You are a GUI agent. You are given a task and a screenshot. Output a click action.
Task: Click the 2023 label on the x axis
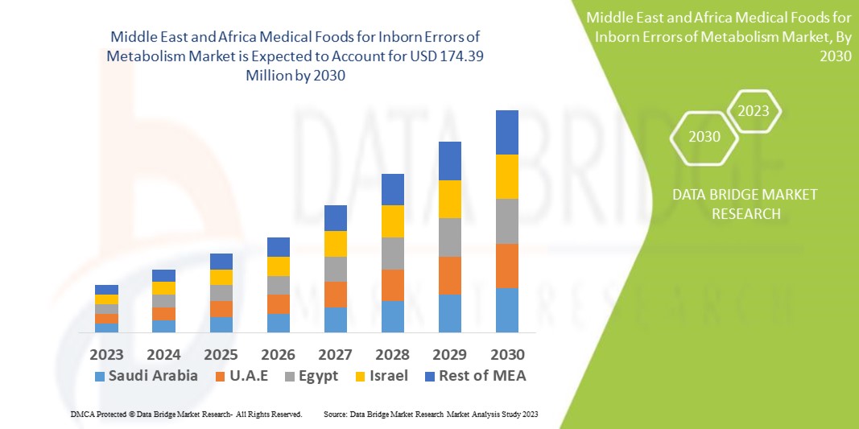click(x=106, y=354)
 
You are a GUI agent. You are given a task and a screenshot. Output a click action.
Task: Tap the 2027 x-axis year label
click(x=335, y=354)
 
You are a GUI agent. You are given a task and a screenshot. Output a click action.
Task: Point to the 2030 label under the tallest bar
click(x=506, y=354)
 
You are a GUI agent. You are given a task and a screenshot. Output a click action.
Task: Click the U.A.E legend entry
click(x=242, y=376)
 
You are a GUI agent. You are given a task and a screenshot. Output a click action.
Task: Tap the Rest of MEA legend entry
click(x=475, y=376)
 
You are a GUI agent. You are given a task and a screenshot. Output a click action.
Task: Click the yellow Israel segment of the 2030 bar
click(x=506, y=176)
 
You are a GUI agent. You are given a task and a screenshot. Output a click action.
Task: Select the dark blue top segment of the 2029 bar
click(x=449, y=161)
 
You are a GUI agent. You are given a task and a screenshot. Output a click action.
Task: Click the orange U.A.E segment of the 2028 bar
click(x=392, y=285)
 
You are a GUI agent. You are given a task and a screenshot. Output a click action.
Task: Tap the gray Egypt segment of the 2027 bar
click(x=335, y=269)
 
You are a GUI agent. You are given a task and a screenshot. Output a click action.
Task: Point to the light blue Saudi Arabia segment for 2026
click(x=278, y=323)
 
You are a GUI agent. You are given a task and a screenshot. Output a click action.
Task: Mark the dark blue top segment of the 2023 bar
click(x=106, y=290)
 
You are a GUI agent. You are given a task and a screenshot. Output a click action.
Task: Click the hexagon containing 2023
click(x=754, y=111)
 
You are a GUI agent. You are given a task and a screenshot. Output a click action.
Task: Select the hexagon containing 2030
click(x=704, y=137)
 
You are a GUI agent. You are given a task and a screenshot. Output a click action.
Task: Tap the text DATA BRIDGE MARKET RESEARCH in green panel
click(x=733, y=204)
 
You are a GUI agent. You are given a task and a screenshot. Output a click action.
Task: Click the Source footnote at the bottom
click(x=430, y=414)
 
